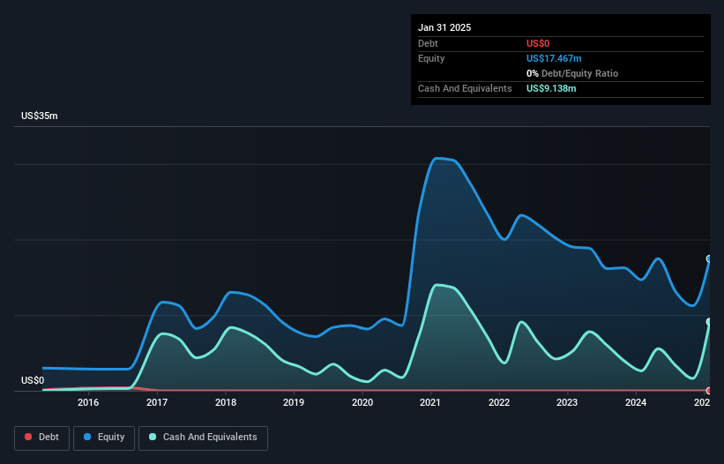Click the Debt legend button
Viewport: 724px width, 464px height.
click(41, 437)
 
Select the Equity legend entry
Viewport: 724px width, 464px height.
click(104, 437)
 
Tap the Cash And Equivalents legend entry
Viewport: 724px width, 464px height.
click(203, 437)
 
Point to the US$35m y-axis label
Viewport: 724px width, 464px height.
click(39, 116)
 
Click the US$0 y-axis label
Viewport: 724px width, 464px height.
click(33, 380)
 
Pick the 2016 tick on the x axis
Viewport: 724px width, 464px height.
click(88, 403)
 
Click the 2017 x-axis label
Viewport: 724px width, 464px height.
click(157, 403)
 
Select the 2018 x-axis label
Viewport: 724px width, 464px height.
click(226, 403)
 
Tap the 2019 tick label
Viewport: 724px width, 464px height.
click(294, 403)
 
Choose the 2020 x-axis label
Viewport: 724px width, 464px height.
click(362, 403)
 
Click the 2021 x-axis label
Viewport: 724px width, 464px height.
click(430, 403)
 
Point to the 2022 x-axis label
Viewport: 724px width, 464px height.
click(499, 403)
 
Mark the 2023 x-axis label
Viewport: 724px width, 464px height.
click(567, 403)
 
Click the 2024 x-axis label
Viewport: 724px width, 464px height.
click(636, 403)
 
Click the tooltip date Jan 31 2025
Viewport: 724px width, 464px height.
click(444, 27)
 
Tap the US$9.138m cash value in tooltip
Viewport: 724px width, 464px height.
click(551, 88)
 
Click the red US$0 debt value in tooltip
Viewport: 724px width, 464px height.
click(540, 43)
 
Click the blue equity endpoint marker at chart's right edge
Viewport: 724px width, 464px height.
click(709, 258)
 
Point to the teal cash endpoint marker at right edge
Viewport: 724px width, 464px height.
click(709, 322)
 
